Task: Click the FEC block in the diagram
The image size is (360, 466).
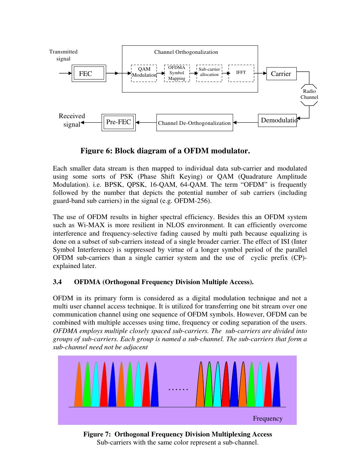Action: pos(89,74)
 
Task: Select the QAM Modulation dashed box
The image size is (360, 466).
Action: pos(144,73)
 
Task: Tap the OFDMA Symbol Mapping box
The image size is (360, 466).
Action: pos(177,73)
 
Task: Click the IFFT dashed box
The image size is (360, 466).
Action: pos(241,73)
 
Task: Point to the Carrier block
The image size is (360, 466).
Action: pos(281,74)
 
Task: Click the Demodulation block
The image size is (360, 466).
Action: pos(277,121)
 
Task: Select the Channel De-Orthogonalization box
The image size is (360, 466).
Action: pos(194,123)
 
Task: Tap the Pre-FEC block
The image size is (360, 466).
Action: pos(118,122)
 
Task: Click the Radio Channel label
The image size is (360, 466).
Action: pos(309,94)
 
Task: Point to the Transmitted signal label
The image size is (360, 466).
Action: pos(63,55)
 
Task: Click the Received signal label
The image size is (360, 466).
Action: pos(72,120)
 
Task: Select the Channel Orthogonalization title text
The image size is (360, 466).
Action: pos(186,52)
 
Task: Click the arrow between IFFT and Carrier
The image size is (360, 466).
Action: pos(260,74)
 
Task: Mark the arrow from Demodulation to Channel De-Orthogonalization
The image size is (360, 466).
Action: pos(245,123)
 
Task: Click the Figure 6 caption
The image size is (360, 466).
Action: pos(165,151)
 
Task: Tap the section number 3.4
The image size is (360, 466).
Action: pos(57,282)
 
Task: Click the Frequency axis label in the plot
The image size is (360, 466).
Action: pos(268,419)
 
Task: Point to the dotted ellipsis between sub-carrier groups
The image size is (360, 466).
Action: pos(178,389)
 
